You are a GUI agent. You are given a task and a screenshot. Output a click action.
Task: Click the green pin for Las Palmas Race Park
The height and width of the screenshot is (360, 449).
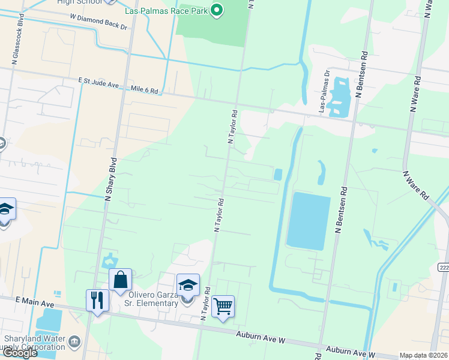coord(218,9)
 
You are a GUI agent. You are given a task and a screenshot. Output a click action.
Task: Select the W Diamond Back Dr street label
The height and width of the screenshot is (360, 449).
coord(98,22)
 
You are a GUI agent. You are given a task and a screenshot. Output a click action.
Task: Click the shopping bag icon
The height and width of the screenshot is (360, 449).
coord(120,280)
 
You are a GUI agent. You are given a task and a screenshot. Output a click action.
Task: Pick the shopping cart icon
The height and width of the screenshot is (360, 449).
coord(223,306)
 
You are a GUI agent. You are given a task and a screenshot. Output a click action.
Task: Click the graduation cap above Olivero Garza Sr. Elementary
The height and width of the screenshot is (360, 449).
coord(188,285)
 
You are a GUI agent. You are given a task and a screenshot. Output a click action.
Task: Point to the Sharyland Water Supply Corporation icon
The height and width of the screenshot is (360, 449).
coord(74,343)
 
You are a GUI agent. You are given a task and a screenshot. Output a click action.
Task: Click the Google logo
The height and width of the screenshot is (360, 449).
coord(20,353)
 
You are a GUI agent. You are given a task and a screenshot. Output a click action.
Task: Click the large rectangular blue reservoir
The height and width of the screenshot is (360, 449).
coord(308,221)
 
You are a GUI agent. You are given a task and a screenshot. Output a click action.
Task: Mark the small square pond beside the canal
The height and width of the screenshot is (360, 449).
coord(277,175)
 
